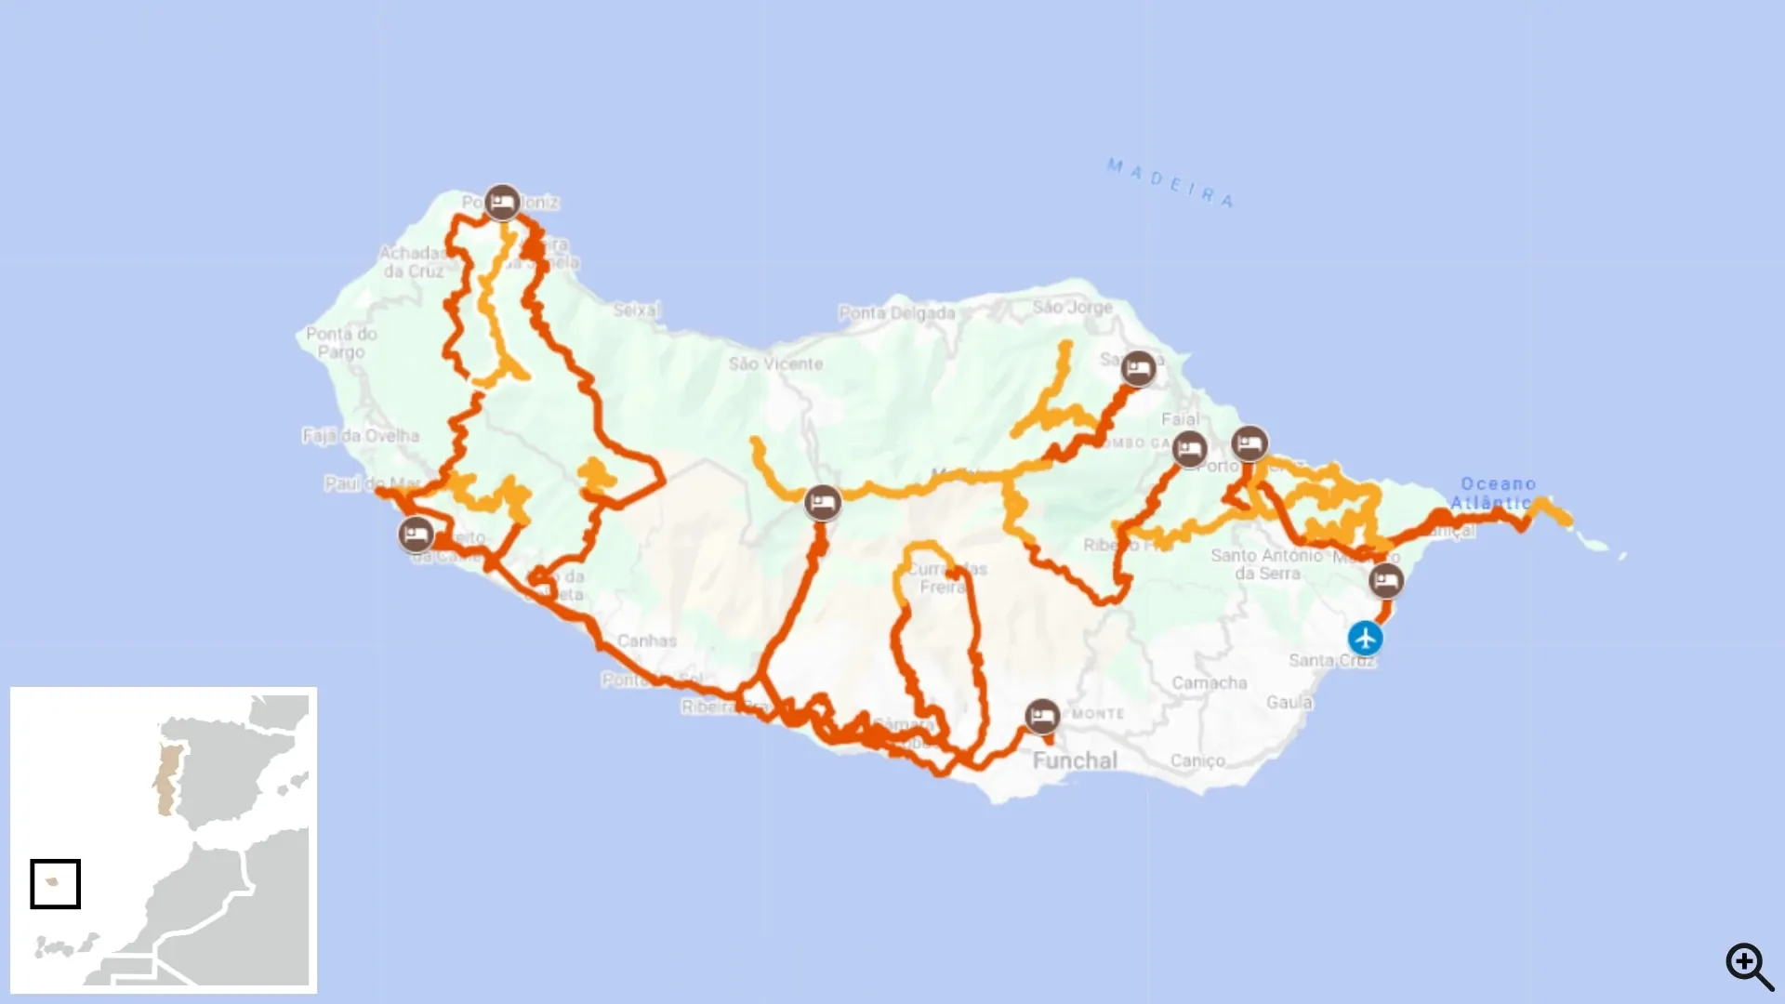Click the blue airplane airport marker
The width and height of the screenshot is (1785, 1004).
point(1365,639)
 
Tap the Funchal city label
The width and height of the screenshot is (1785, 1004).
point(1075,760)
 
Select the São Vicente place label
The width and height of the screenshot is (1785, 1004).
point(775,363)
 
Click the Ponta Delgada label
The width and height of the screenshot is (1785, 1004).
point(897,313)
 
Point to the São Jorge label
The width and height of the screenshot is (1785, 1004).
point(1072,307)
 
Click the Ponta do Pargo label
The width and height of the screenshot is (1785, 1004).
point(341,342)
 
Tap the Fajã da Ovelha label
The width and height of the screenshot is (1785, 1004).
point(361,435)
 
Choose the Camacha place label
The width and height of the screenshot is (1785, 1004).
point(1209,682)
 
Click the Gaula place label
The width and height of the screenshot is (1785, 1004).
point(1289,702)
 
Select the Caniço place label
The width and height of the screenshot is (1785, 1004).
point(1197,760)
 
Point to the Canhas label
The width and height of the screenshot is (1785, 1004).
point(647,641)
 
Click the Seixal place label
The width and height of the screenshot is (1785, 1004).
point(636,310)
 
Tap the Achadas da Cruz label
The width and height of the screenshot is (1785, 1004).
point(413,262)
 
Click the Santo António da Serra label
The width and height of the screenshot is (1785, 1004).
point(1266,564)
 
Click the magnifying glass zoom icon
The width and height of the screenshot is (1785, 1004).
point(1749,966)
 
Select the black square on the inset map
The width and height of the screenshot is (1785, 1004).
point(55,883)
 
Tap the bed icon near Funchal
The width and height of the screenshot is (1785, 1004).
point(1042,717)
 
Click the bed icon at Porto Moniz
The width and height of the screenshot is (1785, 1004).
point(502,202)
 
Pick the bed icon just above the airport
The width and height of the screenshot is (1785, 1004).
point(1386,581)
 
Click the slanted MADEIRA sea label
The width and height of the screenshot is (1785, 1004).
point(1170,182)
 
